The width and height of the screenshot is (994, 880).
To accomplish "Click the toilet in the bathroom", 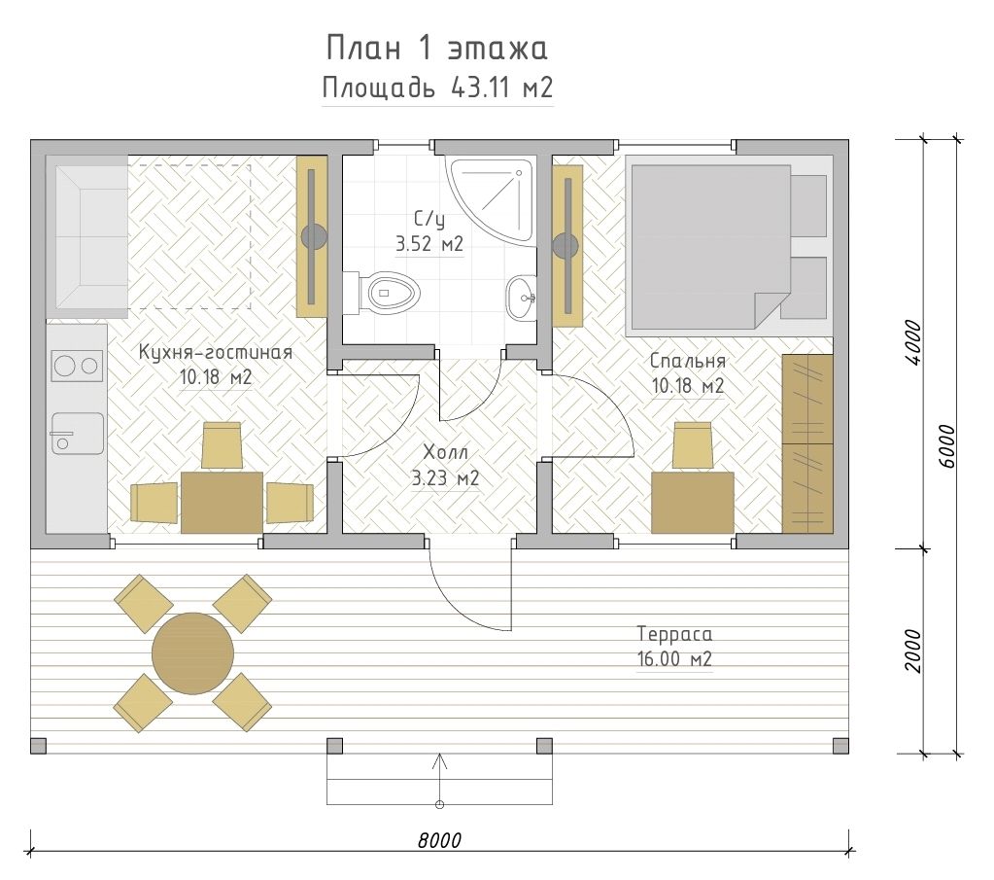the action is coord(383,294).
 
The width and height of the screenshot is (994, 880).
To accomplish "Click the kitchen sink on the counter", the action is coord(77,434).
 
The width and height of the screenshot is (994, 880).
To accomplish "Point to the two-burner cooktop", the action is coord(77,366).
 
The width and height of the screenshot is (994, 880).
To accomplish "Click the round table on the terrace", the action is coord(192,653).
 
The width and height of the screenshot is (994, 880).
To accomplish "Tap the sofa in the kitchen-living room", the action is coord(90,237).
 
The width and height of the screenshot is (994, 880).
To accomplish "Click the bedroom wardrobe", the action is coord(807,443).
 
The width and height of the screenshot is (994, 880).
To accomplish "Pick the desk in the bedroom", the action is coord(692,502).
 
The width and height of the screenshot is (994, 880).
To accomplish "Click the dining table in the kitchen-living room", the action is coord(222,502).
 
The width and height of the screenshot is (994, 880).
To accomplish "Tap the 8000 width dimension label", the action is coord(439,841).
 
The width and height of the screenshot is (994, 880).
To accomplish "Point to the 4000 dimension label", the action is coord(913,342).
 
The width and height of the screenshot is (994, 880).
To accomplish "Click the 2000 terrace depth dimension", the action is coord(913,651).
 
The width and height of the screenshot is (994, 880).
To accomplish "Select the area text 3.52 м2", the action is coord(429,244).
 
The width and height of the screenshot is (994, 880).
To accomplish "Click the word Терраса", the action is coord(674,634).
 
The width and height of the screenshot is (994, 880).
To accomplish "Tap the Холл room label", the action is coord(445,452).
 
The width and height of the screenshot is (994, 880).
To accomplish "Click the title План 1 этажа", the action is coord(437,49).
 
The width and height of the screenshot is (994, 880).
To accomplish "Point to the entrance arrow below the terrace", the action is coord(439,780).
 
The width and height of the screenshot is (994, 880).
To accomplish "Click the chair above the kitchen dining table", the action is coord(222,444).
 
